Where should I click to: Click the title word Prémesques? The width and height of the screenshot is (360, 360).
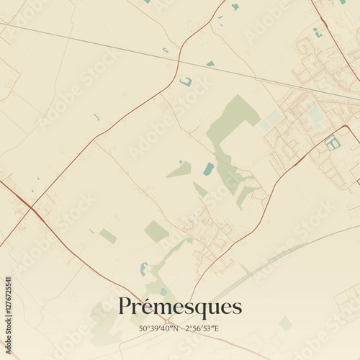pos(180,307)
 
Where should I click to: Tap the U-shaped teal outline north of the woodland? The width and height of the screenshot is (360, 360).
pos(186,82)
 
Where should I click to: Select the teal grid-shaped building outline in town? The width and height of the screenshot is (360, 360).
pos(332,143)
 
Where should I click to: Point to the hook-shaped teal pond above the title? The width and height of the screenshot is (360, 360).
pos(143,269)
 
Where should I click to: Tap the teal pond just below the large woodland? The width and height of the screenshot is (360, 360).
pos(209,169)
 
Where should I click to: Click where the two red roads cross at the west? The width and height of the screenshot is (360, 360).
pos(31,209)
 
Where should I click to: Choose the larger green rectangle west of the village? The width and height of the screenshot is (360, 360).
pos(156,231)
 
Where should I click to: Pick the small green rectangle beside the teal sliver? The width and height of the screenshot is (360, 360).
pos(108,235)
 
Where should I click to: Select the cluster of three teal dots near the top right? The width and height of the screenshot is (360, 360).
pos(318,32)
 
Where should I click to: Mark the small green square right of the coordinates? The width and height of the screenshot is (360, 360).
pos(285,323)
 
